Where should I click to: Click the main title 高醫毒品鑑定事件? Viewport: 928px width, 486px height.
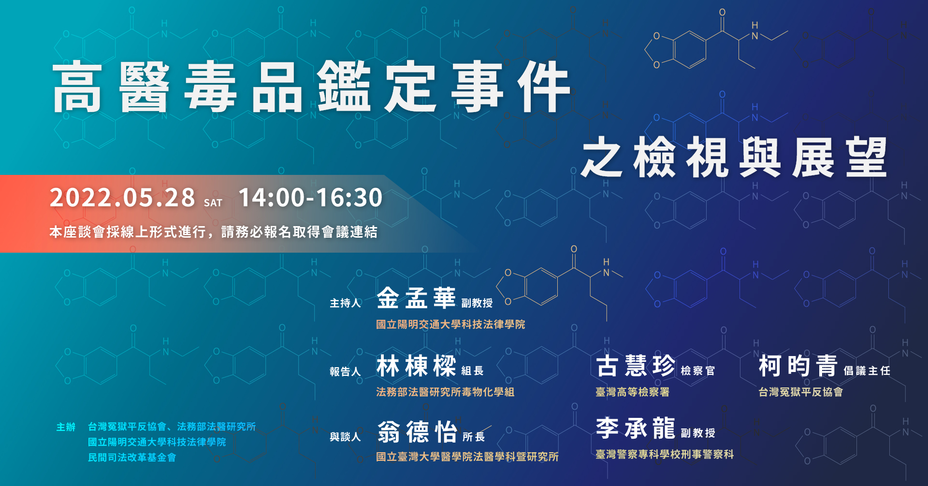pos(312,87)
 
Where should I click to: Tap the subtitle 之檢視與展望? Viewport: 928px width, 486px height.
pos(734,157)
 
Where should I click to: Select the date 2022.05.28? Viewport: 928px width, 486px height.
pos(122,198)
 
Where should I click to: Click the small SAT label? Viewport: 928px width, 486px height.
pos(213,203)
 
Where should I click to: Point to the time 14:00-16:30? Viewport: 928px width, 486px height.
pos(311,198)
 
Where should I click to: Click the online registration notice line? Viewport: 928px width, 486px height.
pos(213,232)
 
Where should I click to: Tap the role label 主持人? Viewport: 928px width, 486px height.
pos(346,303)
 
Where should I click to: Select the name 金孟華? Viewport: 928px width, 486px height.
pos(416,298)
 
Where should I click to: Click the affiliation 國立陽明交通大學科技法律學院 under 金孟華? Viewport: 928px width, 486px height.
pos(450,324)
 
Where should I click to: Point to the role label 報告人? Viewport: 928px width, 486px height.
pos(346,371)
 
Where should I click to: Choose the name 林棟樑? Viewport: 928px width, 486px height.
pos(416,366)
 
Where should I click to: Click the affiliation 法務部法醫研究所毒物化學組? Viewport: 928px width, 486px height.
pos(445,392)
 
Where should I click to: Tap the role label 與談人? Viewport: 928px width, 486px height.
pos(346,437)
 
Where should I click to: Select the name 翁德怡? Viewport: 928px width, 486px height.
pos(417,431)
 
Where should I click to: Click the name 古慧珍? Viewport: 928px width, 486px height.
pos(636,366)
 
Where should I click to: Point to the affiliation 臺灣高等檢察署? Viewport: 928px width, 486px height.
pos(633,392)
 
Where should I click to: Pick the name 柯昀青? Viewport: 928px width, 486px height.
pos(798,366)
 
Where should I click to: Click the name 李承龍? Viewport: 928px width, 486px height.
pos(636,428)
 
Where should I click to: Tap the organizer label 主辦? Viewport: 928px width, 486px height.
pos(66,427)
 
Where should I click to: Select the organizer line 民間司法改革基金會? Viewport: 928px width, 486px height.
pos(132,457)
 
